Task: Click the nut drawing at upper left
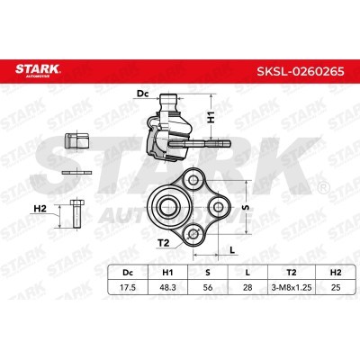[x=77, y=139]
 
